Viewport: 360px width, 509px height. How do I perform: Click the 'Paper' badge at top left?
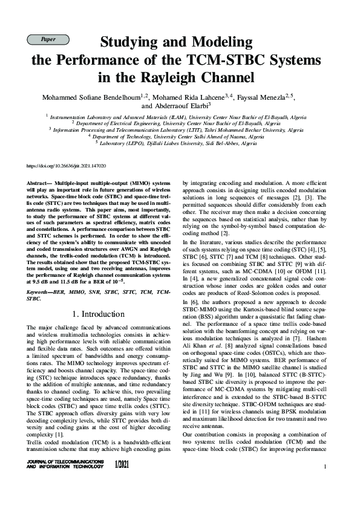(48, 39)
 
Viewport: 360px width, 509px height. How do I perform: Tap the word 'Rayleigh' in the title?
(205, 77)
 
